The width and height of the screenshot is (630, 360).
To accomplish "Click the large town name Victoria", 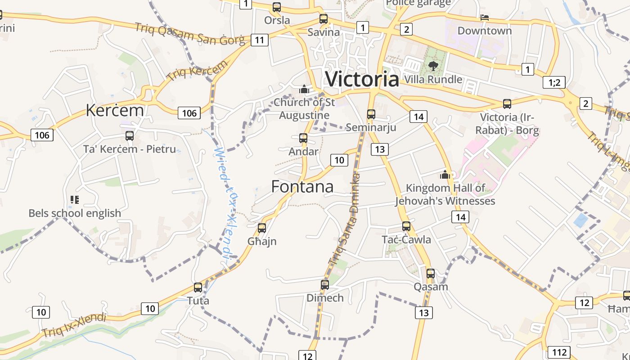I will click(x=362, y=79).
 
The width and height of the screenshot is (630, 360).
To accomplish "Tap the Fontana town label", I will click(x=302, y=187).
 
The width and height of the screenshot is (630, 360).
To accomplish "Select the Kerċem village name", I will click(x=115, y=110).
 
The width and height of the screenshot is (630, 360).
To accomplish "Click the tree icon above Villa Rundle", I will click(x=433, y=66).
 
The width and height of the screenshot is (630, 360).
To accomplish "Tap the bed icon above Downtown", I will click(x=485, y=18).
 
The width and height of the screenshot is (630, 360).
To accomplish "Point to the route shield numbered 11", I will click(x=260, y=40).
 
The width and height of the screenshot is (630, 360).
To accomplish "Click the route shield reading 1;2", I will click(x=554, y=82).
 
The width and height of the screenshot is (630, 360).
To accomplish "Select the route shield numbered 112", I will click(x=559, y=352).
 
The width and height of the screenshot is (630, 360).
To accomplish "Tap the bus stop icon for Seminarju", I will click(x=371, y=114).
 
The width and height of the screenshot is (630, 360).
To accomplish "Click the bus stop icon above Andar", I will click(x=303, y=138).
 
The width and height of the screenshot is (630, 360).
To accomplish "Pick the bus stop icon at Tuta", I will click(x=198, y=287).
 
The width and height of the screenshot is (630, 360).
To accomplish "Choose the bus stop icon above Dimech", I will click(x=325, y=284).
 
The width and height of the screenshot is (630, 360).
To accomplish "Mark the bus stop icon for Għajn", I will click(x=262, y=228).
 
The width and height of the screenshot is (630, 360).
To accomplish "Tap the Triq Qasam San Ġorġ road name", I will click(x=190, y=34).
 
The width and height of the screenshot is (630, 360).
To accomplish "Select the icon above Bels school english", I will click(x=75, y=199).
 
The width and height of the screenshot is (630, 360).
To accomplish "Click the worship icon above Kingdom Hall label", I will click(x=445, y=175).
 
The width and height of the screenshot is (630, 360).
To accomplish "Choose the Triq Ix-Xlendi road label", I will click(x=74, y=325).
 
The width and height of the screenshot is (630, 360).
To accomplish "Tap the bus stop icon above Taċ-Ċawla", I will click(x=406, y=226).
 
